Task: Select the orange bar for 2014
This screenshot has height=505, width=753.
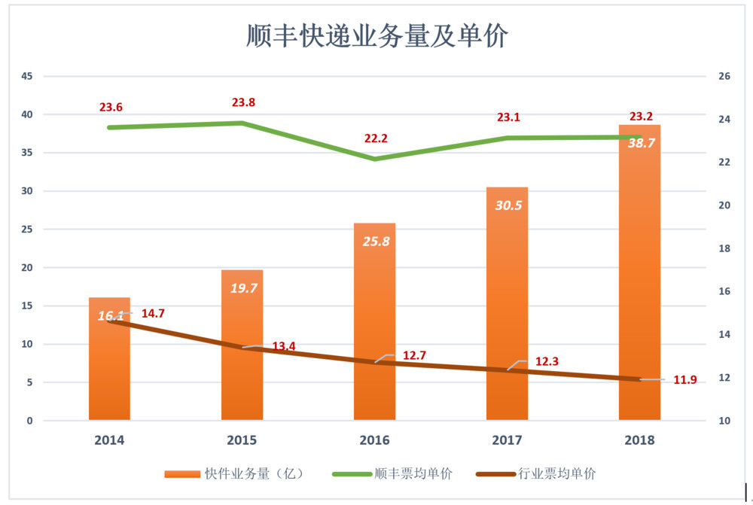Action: coord(109,369)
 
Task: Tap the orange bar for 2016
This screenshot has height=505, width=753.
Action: coord(374,324)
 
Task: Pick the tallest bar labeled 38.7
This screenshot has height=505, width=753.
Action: coord(639,278)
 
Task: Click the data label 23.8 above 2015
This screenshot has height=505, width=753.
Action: coord(243,102)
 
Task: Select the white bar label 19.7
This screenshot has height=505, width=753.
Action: coord(242,287)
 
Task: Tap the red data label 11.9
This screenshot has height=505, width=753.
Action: coord(684,380)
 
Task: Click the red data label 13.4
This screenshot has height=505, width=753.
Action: coord(284,346)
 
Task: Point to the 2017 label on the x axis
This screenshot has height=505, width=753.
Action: coord(507,440)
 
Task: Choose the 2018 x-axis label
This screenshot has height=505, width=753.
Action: coord(639,440)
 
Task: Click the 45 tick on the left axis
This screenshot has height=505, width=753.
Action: coord(27,76)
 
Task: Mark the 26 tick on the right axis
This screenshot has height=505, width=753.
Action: coord(725,76)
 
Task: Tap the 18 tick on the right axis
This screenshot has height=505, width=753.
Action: coord(725,248)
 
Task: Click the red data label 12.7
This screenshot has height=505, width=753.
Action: coord(415,355)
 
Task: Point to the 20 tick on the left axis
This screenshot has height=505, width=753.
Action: coord(27,268)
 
